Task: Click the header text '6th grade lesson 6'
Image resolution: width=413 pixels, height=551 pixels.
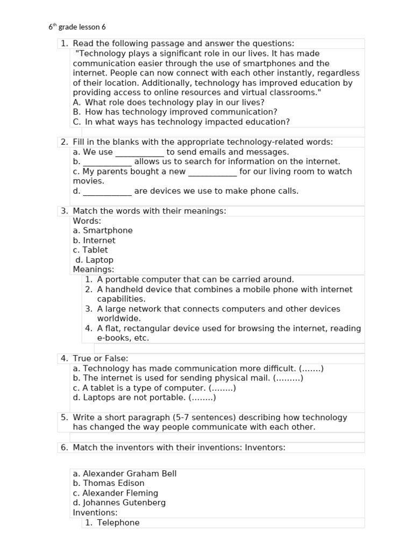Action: click(81, 27)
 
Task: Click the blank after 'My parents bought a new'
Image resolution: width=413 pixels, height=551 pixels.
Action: click(212, 172)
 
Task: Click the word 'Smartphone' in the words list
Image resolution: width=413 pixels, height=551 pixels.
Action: click(108, 231)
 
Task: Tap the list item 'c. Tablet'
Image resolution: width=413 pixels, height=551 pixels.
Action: click(90, 250)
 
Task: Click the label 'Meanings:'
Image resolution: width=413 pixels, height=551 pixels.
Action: click(94, 270)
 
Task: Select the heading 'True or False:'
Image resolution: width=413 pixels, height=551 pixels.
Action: click(101, 358)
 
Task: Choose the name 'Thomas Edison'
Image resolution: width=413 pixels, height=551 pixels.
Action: click(113, 483)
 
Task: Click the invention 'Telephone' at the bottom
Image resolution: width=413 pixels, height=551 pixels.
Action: click(118, 522)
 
